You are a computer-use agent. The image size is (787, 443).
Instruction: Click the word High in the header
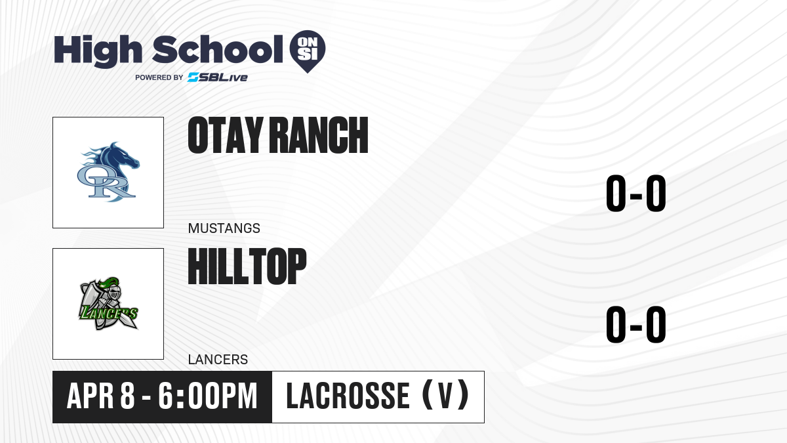[x=98, y=51]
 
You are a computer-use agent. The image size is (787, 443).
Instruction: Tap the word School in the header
[x=218, y=49]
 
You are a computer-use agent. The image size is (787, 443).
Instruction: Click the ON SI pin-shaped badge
[x=308, y=51]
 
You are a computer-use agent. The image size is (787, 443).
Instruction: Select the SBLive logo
[x=218, y=77]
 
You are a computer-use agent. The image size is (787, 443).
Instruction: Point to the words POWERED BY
[x=159, y=77]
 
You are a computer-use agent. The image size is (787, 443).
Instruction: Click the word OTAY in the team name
[x=226, y=135]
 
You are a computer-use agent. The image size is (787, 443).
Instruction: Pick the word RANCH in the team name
[x=319, y=135]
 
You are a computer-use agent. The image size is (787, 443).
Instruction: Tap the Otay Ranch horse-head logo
[x=108, y=172]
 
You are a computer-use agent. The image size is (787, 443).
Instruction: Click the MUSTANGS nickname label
[x=224, y=228]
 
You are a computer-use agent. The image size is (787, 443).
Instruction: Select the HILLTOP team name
[x=247, y=266]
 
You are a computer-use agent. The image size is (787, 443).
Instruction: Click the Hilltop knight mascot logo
[x=108, y=304]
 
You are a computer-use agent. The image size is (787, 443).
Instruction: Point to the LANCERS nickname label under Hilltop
[x=218, y=360]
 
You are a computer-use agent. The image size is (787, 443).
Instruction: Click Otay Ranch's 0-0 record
[x=636, y=194]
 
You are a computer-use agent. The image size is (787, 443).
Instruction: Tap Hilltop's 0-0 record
[x=636, y=324]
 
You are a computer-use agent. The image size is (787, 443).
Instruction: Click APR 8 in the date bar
[x=101, y=396]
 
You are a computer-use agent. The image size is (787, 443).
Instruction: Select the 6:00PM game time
[x=208, y=396]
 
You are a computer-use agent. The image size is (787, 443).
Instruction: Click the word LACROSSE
[x=348, y=396]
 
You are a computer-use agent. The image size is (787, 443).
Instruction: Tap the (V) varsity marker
[x=445, y=396]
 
